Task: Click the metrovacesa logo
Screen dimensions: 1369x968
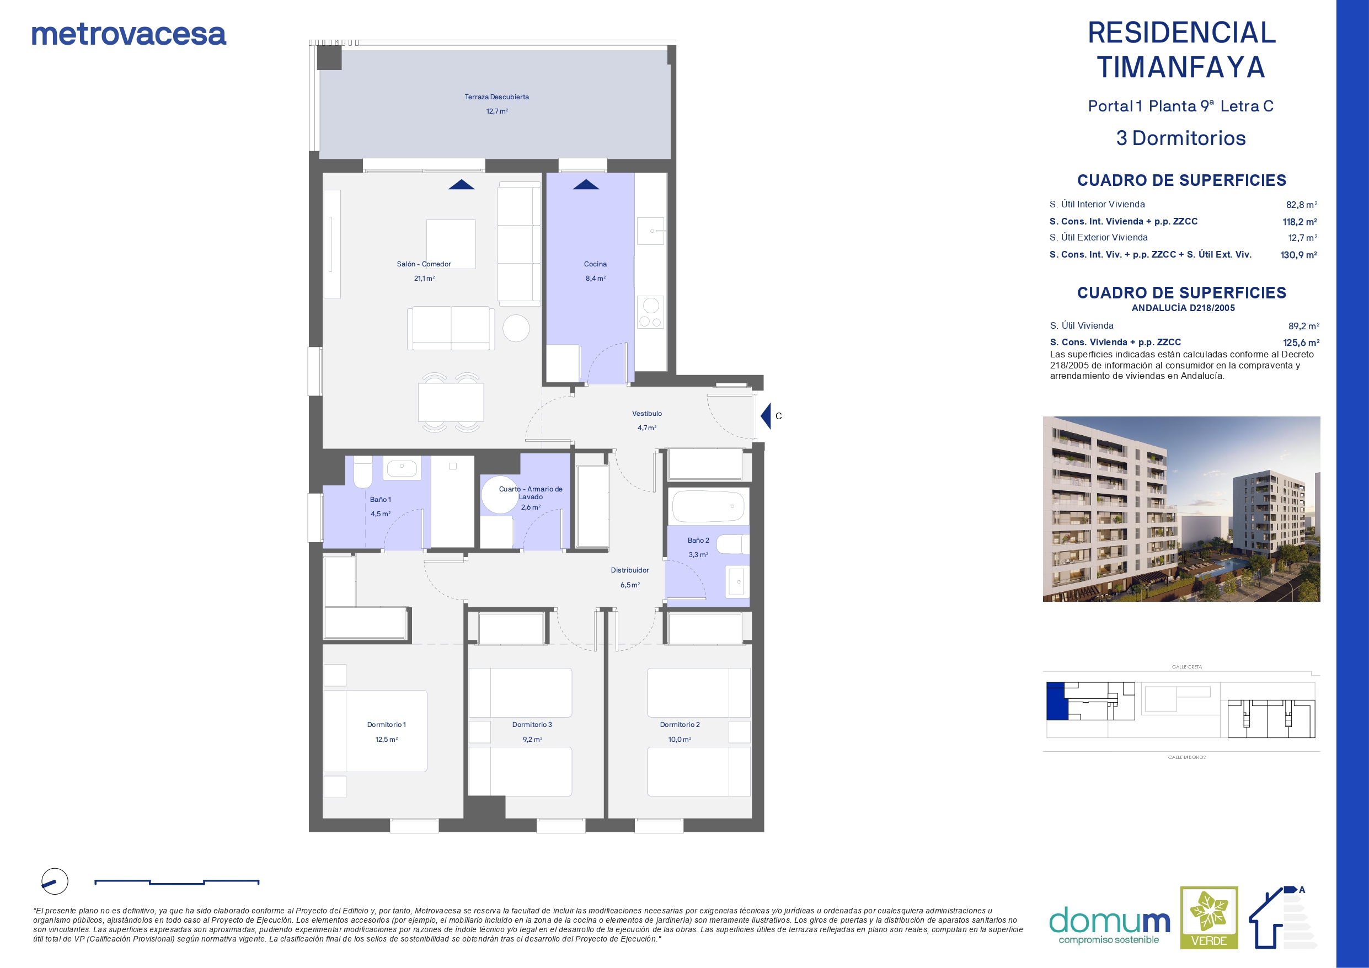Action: (129, 35)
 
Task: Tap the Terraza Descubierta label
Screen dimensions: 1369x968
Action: (496, 97)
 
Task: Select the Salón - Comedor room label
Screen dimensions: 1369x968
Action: (424, 264)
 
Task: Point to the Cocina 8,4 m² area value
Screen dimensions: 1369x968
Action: (596, 279)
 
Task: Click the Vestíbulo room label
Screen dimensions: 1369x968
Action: (647, 413)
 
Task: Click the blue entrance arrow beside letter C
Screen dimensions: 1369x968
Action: (766, 416)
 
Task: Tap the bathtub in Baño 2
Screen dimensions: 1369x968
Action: (708, 506)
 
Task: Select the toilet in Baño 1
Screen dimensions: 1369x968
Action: (362, 472)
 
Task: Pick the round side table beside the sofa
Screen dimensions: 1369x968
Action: (516, 328)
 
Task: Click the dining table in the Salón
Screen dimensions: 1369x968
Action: (451, 403)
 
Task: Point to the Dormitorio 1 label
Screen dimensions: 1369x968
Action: (386, 725)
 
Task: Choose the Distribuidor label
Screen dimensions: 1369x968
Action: (630, 570)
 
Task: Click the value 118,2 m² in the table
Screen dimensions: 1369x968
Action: (1300, 222)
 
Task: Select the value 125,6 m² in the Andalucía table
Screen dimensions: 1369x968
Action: (1301, 343)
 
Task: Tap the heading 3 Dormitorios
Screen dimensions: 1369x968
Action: (1181, 138)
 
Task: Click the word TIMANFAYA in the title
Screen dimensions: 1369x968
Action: (1181, 67)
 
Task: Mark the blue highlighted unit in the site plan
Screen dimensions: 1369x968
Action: (1055, 702)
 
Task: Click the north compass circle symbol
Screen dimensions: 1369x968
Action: (55, 881)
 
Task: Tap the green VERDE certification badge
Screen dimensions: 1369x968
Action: (1209, 917)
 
